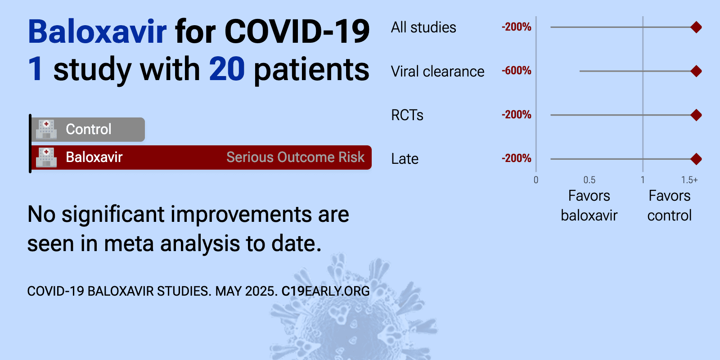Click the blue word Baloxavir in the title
[97, 31]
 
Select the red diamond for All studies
[696, 27]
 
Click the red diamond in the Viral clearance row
[696, 71]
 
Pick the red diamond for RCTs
[696, 115]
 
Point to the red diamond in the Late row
[696, 159]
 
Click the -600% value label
[516, 71]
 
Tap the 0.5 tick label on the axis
[589, 180]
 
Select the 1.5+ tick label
[689, 180]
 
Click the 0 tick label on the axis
[536, 180]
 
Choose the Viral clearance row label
[437, 72]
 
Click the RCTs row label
[407, 115]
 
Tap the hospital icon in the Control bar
[46, 130]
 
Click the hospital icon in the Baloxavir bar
[46, 157]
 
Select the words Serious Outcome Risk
[295, 157]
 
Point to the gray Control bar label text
[88, 129]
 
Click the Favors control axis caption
[670, 205]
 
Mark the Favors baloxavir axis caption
[589, 205]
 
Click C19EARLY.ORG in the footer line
[326, 291]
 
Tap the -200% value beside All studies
[516, 27]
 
